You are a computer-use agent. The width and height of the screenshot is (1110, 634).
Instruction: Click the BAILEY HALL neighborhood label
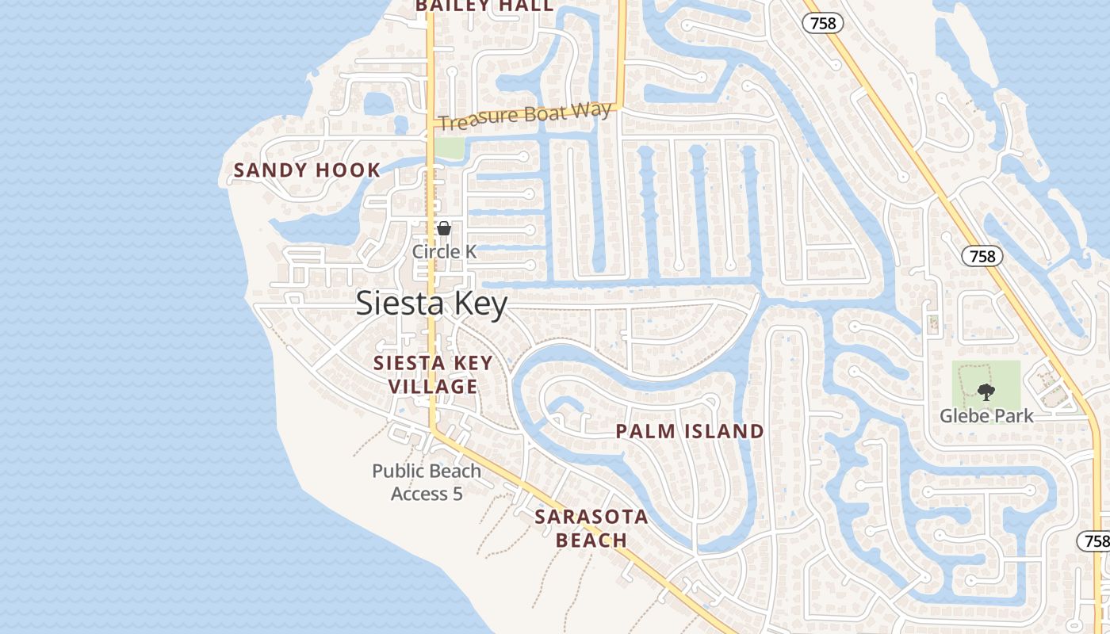point(484,6)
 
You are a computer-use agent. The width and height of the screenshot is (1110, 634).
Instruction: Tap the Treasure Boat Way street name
point(524,116)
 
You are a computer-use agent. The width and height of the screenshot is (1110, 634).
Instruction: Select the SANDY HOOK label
point(307,170)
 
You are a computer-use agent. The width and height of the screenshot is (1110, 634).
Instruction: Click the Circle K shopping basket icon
point(444,228)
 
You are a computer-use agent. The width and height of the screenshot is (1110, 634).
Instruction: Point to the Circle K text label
point(444,251)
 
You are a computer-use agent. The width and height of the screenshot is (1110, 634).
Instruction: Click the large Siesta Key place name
point(431,304)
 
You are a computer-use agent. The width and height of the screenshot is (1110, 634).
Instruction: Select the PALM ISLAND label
point(690,431)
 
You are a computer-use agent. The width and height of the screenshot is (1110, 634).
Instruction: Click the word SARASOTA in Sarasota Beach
point(591,518)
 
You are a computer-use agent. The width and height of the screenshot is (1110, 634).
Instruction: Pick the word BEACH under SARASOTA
point(591,540)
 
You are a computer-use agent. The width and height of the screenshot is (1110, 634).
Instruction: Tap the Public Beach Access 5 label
point(427,482)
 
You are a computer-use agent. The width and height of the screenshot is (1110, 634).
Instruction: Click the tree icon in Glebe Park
point(986,391)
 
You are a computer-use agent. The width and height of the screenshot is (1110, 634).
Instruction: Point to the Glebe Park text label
point(986,415)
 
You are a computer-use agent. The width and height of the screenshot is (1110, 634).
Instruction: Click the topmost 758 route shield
point(823,23)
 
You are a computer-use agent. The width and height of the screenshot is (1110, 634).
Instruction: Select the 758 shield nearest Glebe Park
point(982,256)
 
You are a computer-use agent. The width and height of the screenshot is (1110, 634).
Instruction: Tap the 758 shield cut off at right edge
point(1094,541)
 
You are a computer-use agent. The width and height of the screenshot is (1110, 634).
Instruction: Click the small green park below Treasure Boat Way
point(449,147)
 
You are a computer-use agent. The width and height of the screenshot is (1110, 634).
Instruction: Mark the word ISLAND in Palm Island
point(725,431)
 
